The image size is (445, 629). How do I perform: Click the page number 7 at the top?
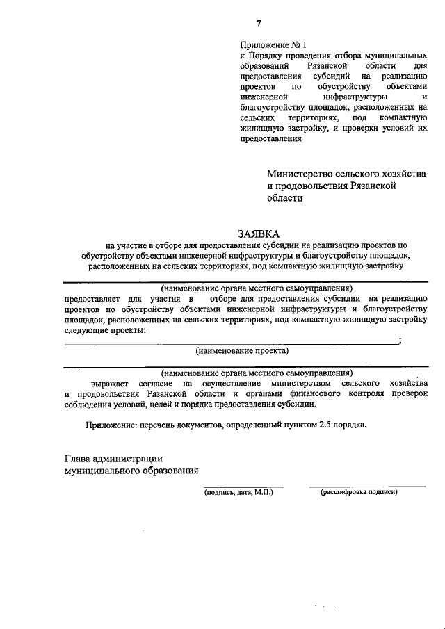tap(258, 24)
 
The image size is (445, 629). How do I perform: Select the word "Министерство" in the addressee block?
tap(301, 173)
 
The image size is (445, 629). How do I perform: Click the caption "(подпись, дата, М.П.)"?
tap(238, 492)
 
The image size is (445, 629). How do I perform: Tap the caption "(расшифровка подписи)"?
tap(359, 492)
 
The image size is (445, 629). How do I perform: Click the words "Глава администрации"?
tap(113, 458)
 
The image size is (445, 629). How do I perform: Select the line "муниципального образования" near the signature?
tap(131, 470)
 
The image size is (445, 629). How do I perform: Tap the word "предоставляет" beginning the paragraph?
tap(93, 298)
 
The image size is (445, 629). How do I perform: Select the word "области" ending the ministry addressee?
tap(285, 198)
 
